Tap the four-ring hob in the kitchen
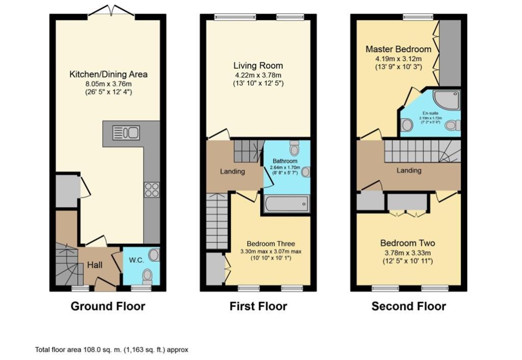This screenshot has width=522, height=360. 152,190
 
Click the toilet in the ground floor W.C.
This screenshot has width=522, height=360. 147,276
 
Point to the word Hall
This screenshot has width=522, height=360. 95,265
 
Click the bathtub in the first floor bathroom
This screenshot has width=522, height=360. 285,204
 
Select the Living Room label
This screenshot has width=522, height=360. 258,66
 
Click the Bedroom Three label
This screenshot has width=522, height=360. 271,244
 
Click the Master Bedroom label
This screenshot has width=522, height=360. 398,49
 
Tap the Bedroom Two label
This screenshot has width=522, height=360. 407,243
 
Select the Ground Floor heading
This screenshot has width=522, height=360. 108,306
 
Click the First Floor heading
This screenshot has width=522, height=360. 258,306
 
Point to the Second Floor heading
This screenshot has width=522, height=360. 408,306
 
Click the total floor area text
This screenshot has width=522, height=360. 112,350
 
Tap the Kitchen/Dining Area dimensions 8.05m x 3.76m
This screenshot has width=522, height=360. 108,84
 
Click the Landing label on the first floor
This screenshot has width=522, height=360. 232,172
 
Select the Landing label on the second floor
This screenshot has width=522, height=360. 409,171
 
